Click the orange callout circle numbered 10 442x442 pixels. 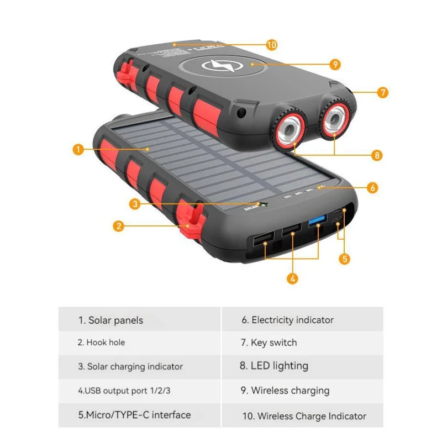(271, 45)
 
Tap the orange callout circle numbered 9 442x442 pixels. (335, 65)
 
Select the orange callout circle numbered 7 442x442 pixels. (383, 92)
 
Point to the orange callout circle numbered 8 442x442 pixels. (377, 155)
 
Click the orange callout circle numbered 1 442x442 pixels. (78, 149)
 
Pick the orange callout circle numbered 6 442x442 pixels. (373, 188)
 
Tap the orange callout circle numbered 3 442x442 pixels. (135, 204)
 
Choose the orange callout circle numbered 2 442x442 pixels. (117, 225)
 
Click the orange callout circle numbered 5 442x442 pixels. (345, 257)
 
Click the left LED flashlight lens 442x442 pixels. (288, 130)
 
